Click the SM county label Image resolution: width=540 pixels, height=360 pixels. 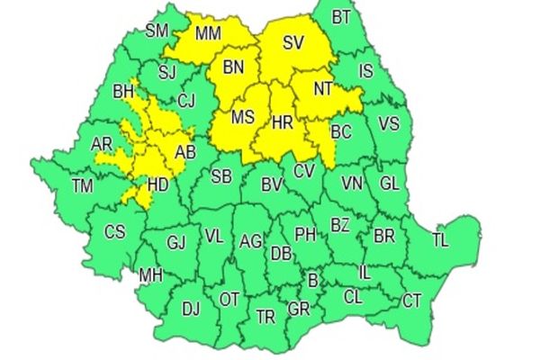coord(157,31)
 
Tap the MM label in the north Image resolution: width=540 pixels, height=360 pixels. coord(208,34)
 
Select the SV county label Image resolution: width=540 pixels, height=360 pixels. coord(293,42)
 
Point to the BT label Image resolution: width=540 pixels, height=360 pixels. coord(341,17)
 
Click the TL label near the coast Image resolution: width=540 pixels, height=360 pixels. coord(440,239)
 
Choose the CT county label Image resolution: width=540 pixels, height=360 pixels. coord(411,300)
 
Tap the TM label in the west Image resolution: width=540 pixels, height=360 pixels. coord(83,186)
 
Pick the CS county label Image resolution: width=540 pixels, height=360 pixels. coord(114,231)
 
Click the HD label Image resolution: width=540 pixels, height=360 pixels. coord(157,185)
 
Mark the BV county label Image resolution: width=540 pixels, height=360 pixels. coord(272,184)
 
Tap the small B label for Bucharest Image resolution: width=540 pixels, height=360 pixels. coord(313,281)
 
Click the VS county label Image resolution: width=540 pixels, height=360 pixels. coord(389,123)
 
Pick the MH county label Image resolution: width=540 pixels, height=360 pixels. coord(149,274)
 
